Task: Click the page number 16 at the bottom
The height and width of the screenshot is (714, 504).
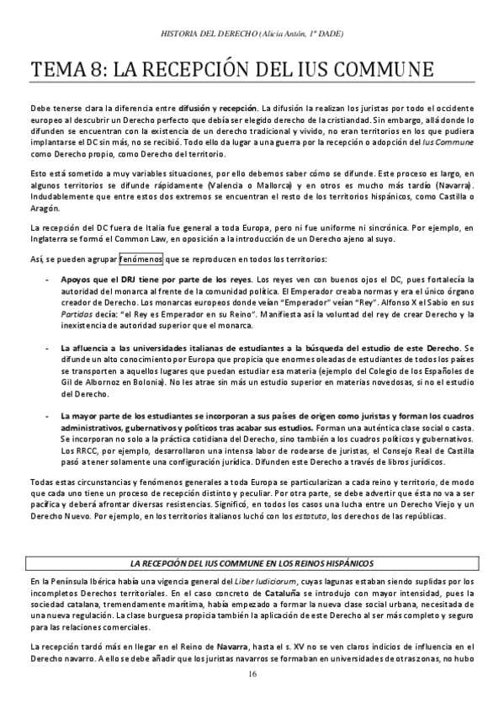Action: [252, 674]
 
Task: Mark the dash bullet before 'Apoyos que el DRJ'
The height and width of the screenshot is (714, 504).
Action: [45, 278]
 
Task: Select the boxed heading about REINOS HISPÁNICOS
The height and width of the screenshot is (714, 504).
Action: [252, 562]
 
